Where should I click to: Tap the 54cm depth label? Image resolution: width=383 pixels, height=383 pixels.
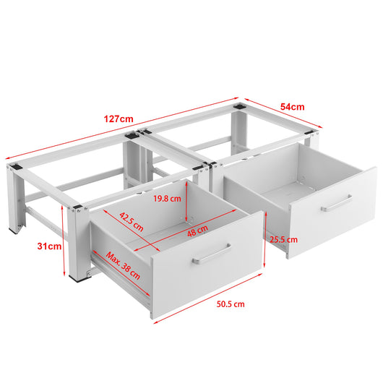pyautogui.click(x=292, y=106)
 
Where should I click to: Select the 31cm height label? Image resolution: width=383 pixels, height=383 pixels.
pyautogui.click(x=50, y=246)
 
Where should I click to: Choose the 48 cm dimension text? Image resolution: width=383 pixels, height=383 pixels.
pyautogui.click(x=197, y=229)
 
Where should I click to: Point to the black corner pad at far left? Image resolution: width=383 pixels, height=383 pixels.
pyautogui.click(x=14, y=167)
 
